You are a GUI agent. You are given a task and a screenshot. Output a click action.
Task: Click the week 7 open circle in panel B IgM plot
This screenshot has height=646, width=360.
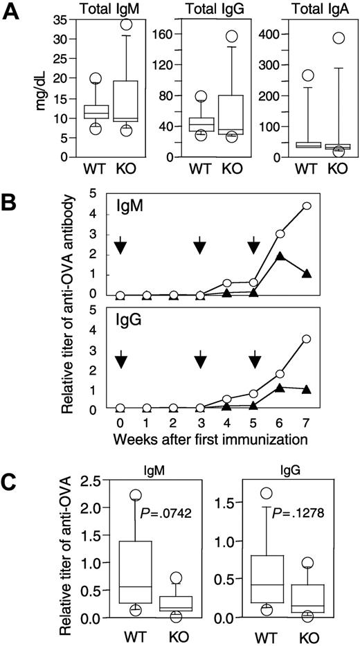click(x=307, y=206)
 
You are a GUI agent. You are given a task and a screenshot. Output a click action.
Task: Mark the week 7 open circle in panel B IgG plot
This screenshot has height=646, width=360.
click(x=307, y=339)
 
